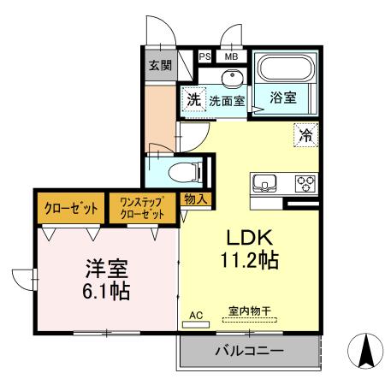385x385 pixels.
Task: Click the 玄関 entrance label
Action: (160, 66)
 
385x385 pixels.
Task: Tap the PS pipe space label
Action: (204, 56)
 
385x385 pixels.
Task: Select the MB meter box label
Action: (231, 56)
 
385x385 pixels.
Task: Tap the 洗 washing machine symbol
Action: (193, 99)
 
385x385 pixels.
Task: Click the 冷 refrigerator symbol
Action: (305, 133)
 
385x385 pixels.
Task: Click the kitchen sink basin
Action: (264, 182)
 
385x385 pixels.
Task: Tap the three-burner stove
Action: (305, 182)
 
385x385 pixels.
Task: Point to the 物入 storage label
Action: (195, 198)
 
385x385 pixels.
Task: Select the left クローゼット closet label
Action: (70, 209)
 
